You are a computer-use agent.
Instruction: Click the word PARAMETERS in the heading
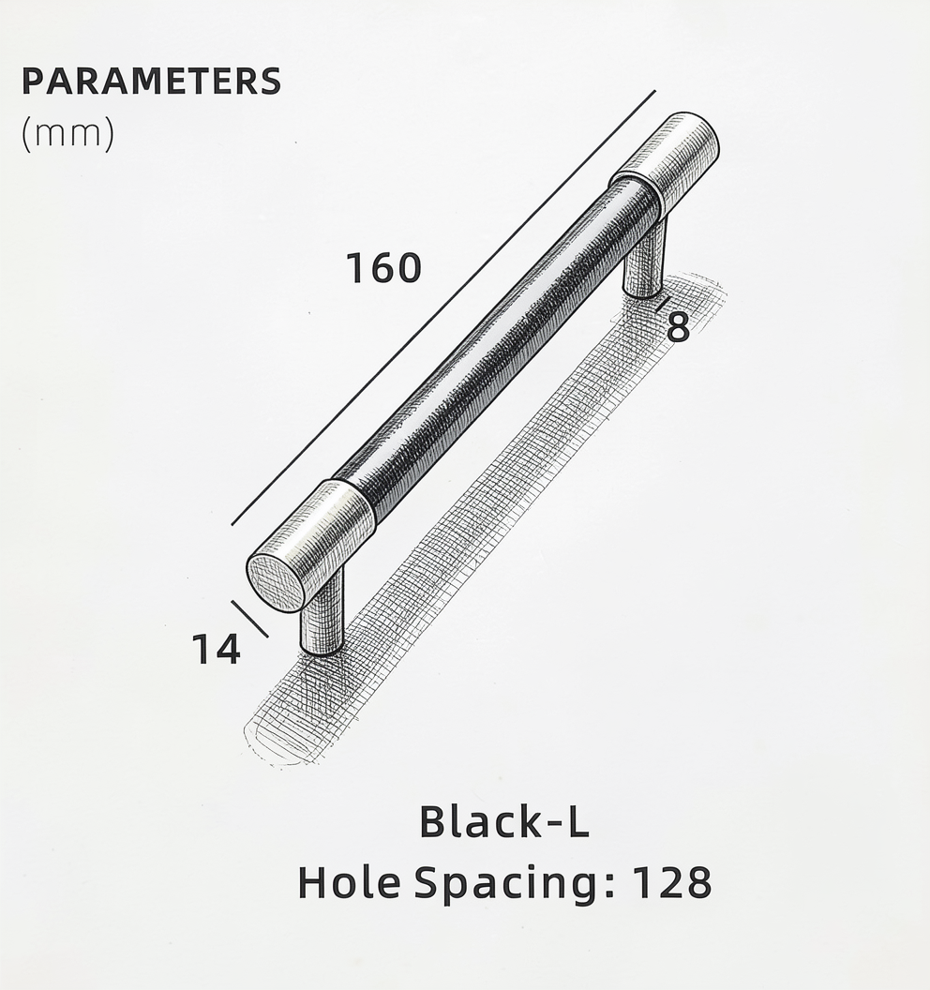point(152,82)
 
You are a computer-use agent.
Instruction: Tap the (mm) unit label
point(68,133)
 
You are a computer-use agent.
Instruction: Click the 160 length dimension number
point(383,268)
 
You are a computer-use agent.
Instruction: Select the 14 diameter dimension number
point(216,649)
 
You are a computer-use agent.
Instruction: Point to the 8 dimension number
point(678,328)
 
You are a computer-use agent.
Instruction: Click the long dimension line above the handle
point(443,307)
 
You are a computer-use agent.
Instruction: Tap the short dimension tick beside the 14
point(250,618)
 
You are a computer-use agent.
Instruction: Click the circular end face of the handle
point(274,583)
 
